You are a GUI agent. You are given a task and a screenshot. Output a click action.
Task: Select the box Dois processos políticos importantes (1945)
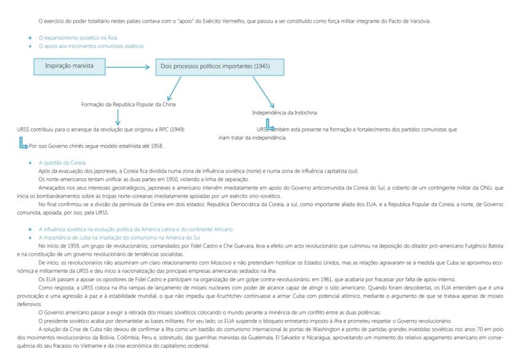point(211,66)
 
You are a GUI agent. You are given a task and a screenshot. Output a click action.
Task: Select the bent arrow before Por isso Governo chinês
point(23,145)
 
